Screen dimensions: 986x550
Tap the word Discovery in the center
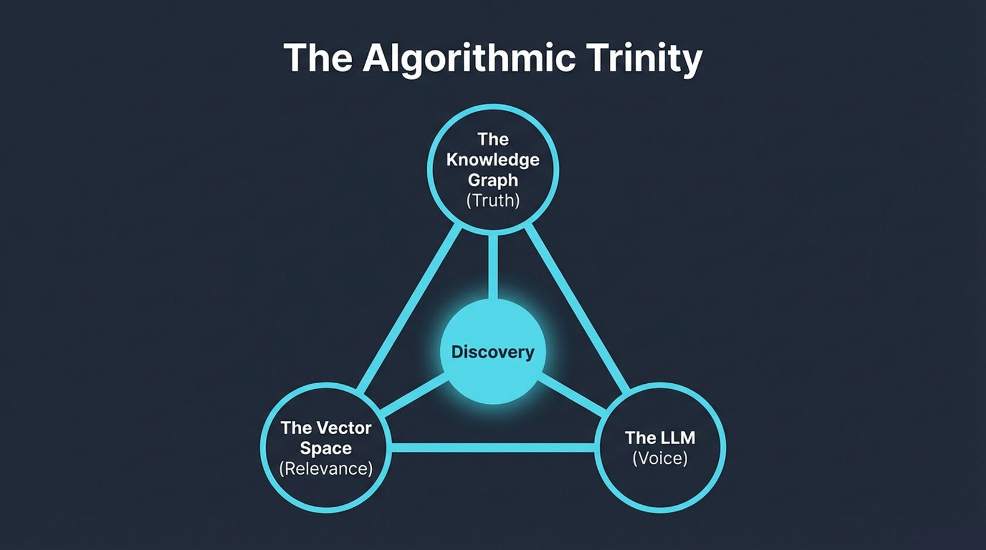[x=492, y=352]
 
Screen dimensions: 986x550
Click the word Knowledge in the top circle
[x=492, y=160]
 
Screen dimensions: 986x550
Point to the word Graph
[x=492, y=180]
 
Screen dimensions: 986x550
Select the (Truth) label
[x=492, y=201]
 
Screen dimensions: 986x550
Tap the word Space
[x=326, y=448]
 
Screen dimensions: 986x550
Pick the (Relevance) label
[x=326, y=469]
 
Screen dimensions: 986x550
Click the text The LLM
[x=660, y=438]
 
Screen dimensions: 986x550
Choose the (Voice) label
[x=660, y=458]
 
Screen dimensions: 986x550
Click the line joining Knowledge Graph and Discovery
[x=492, y=267]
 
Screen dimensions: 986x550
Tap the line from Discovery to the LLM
[x=572, y=394]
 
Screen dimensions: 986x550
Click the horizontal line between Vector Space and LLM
[x=492, y=448]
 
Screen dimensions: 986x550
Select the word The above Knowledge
[x=492, y=139]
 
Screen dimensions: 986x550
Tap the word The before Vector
[x=295, y=428]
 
